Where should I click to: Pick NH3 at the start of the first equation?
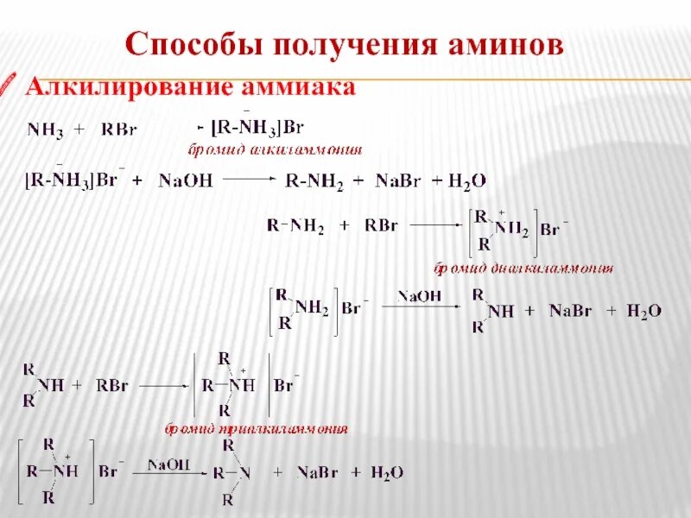click(45, 130)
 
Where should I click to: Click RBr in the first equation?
click(119, 130)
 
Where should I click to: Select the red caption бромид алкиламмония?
click(276, 149)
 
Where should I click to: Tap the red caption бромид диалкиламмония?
click(523, 268)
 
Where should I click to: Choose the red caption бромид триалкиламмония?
click(257, 428)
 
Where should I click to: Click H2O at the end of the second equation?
click(467, 181)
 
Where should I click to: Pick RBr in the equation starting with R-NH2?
click(380, 226)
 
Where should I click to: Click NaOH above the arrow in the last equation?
click(168, 464)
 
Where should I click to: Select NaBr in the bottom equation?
click(317, 472)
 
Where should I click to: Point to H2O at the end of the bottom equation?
click(386, 472)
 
